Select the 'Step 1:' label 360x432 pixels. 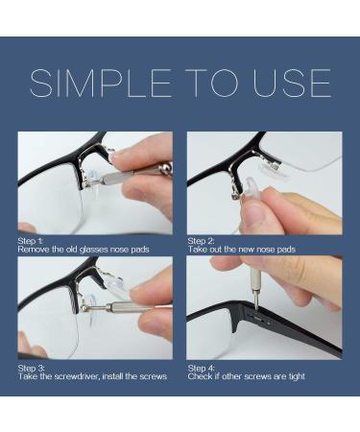tap(32, 241)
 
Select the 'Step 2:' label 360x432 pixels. tap(202, 241)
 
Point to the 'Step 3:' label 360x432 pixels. tap(32, 368)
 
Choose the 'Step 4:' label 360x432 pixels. tap(202, 368)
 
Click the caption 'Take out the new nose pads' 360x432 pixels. tap(242, 250)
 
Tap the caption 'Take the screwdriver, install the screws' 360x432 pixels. tap(92, 376)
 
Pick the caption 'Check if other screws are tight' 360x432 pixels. tap(247, 376)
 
